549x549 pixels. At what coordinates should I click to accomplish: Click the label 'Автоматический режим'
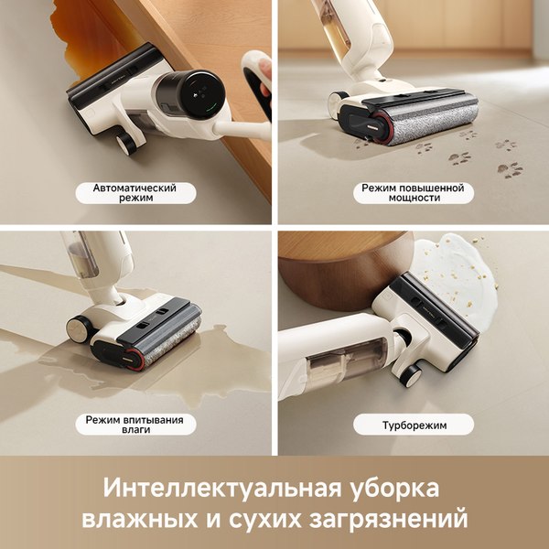(x=135, y=193)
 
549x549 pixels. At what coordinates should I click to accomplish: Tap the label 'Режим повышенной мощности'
(x=413, y=193)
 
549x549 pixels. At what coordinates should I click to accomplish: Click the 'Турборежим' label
(x=413, y=425)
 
